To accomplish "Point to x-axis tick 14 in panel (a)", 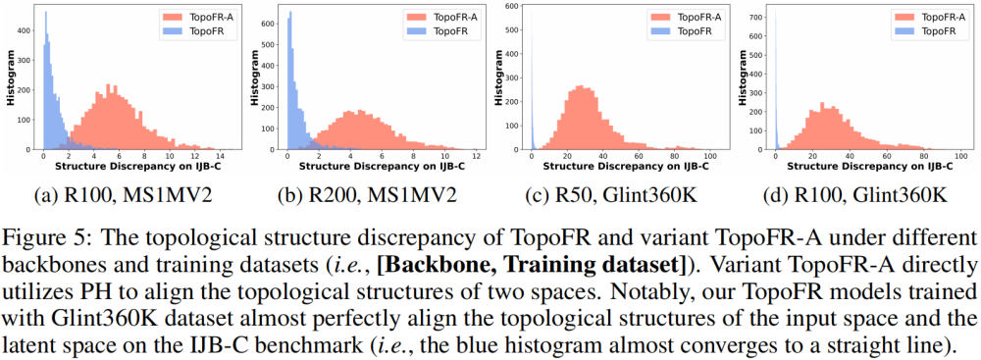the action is point(220,157).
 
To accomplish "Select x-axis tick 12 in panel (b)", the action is point(476,157).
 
